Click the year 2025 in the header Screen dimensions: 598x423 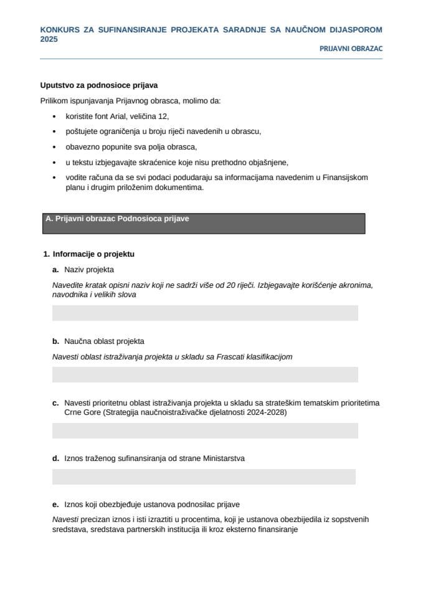[x=49, y=39]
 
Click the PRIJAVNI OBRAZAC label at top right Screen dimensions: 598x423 [x=351, y=48]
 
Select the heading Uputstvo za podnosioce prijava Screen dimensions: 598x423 [x=95, y=85]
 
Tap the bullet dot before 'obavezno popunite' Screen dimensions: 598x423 [x=54, y=147]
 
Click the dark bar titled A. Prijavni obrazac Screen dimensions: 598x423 [x=204, y=223]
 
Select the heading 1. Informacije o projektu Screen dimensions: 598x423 [x=88, y=254]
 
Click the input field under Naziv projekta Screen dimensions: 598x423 [x=205, y=313]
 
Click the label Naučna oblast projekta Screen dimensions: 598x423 [x=104, y=341]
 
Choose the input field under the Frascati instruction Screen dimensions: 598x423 [x=205, y=374]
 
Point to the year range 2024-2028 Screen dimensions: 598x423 [x=265, y=412]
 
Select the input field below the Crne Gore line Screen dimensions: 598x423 [x=205, y=430]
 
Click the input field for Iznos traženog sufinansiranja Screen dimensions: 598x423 [x=204, y=477]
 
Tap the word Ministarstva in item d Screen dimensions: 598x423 [x=222, y=458]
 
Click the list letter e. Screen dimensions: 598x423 [x=55, y=505]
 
